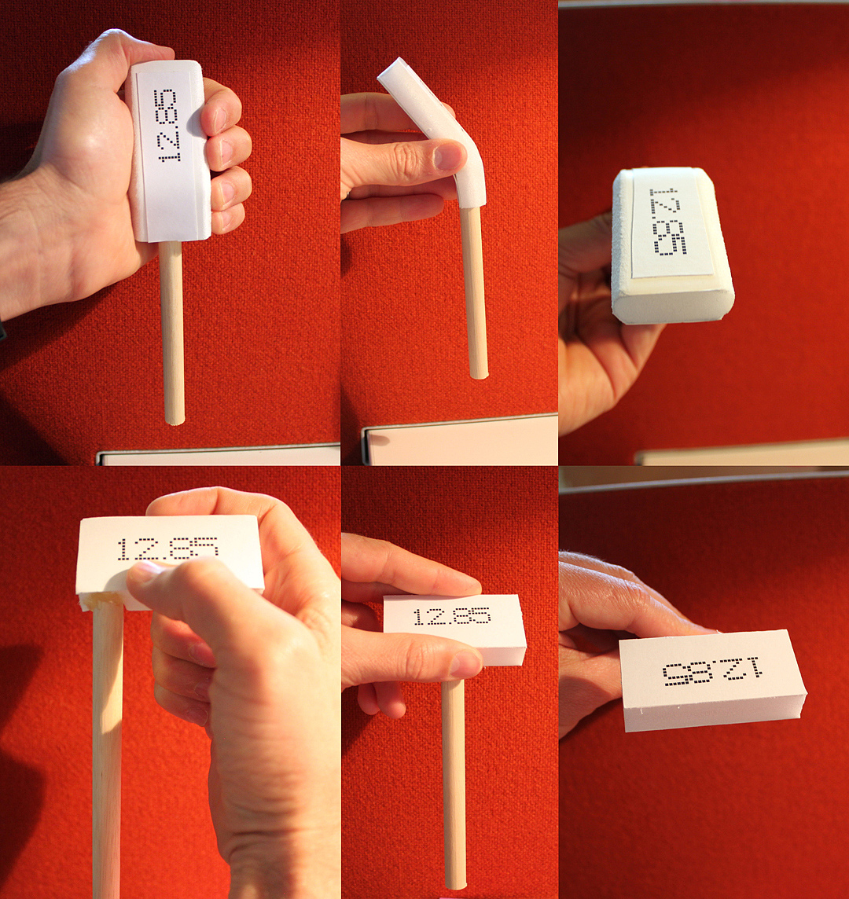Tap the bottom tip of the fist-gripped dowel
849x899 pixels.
point(175,423)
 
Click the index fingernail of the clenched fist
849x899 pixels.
point(221,119)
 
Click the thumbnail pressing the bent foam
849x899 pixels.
point(448,156)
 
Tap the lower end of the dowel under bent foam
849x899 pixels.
point(479,376)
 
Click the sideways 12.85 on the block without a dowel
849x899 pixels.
point(668,221)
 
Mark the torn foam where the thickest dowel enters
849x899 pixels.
point(102,601)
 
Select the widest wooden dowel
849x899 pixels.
point(107,751)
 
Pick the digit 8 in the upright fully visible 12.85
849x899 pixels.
point(461,616)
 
